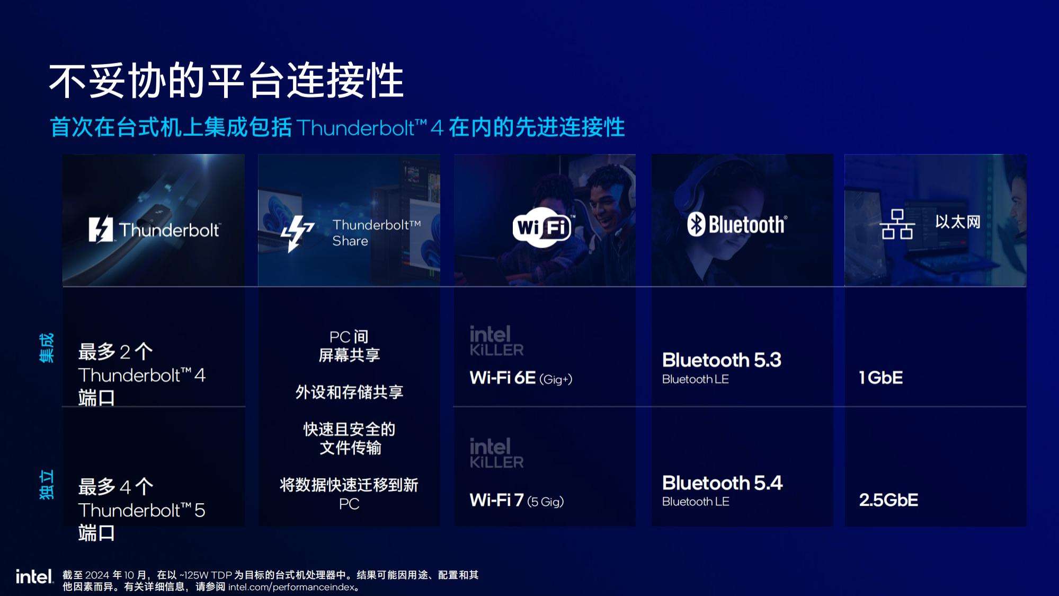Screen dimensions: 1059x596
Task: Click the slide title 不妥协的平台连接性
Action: click(226, 81)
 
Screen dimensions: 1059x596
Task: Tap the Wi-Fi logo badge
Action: click(542, 228)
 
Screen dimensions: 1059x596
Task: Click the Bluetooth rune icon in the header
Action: click(696, 224)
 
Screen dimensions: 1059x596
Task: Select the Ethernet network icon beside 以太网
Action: click(897, 224)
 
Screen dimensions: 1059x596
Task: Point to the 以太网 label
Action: click(958, 222)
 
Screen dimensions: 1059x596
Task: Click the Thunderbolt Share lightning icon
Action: click(297, 233)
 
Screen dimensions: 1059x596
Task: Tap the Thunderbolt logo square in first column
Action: click(101, 229)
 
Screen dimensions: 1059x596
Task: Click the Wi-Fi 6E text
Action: click(502, 378)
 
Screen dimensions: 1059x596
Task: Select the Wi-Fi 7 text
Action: click(496, 500)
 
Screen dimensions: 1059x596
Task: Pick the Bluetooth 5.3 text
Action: click(722, 360)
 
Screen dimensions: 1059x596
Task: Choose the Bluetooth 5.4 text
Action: click(722, 483)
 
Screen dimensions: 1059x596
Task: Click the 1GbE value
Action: click(880, 378)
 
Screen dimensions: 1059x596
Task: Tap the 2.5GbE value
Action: click(888, 500)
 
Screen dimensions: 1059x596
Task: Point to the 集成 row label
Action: click(47, 348)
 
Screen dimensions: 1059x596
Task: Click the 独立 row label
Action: click(47, 485)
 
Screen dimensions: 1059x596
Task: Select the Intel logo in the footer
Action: click(34, 576)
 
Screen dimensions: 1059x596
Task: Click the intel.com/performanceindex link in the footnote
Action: click(291, 587)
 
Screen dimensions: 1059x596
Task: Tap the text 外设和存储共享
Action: click(349, 392)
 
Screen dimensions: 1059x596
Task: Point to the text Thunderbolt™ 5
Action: click(141, 510)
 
